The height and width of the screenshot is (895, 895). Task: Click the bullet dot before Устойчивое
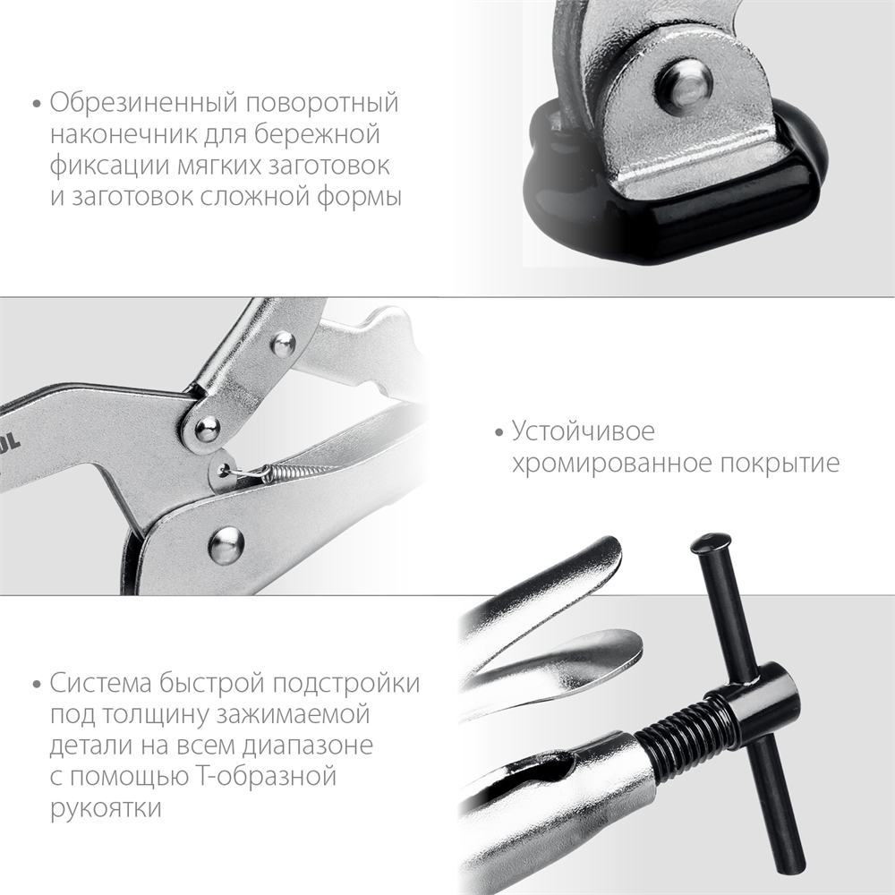click(x=499, y=434)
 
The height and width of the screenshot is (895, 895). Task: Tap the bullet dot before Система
click(x=36, y=686)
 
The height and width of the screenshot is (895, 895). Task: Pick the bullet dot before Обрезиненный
click(x=36, y=105)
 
